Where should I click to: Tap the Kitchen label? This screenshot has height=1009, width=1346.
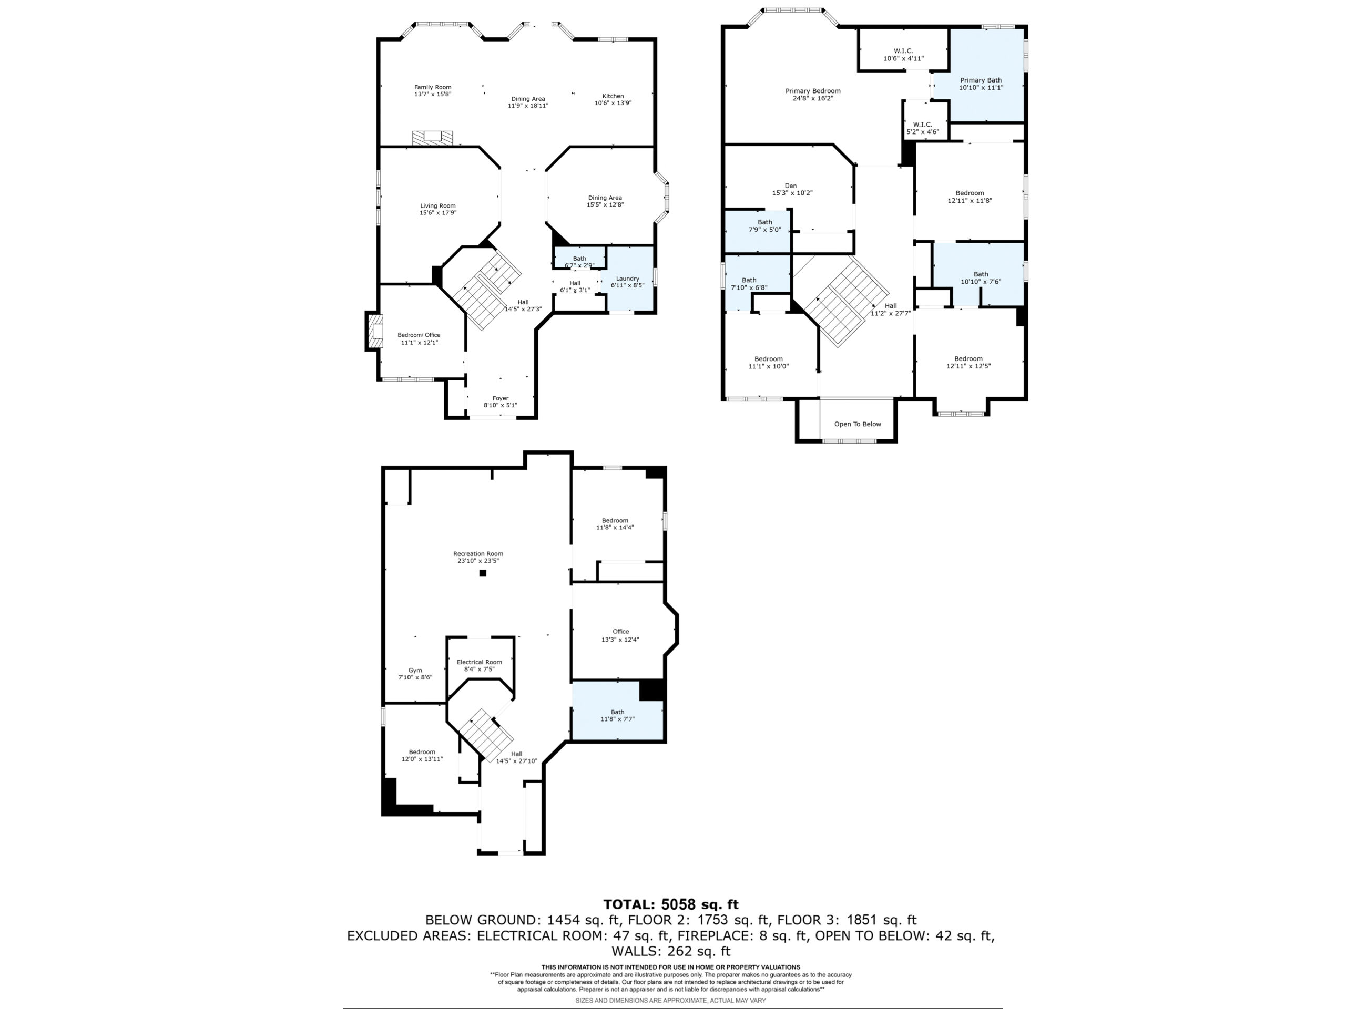click(613, 96)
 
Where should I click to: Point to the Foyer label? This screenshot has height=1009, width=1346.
click(500, 398)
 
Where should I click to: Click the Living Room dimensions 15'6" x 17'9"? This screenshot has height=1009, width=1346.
click(437, 213)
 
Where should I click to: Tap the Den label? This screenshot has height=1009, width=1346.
click(790, 186)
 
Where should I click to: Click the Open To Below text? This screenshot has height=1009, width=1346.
click(858, 425)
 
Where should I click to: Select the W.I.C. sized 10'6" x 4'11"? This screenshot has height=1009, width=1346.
click(903, 55)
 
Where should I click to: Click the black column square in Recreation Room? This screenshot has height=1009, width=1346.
click(483, 573)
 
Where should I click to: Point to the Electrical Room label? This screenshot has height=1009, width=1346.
click(479, 662)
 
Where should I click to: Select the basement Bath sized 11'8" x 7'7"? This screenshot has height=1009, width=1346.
click(617, 715)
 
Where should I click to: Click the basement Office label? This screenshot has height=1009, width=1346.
click(620, 631)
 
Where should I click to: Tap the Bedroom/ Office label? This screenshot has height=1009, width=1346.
click(419, 335)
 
